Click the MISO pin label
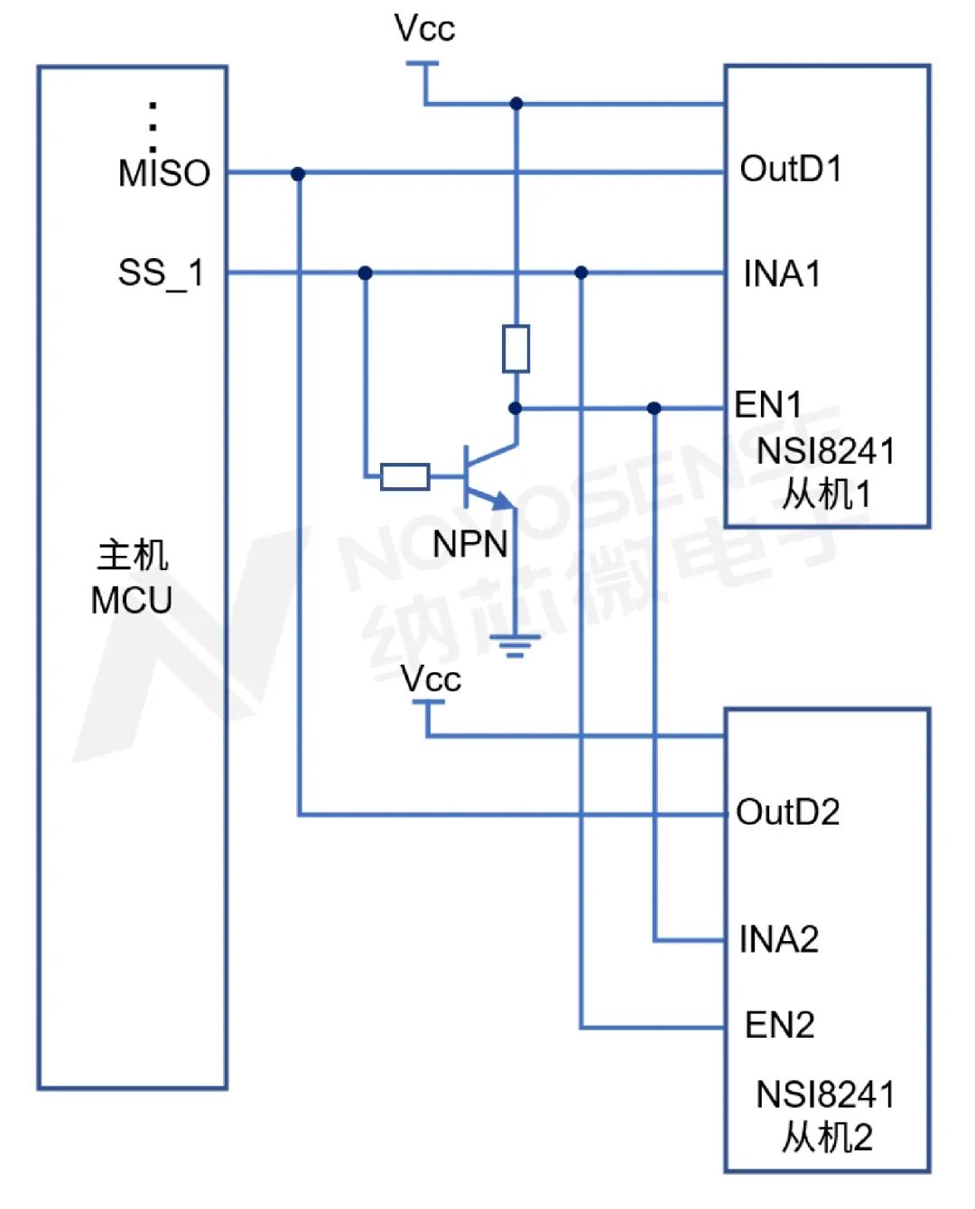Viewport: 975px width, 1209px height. coord(163,172)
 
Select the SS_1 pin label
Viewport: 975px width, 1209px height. coord(161,272)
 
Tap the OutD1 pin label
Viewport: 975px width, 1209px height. coord(791,169)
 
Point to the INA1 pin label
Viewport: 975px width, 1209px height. coord(782,273)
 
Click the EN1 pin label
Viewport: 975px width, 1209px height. coord(768,405)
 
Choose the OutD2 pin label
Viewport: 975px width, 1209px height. coord(787,813)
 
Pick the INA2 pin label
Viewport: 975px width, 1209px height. coord(778,939)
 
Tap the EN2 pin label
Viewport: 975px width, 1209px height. coord(779,1025)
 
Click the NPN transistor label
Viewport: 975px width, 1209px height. coord(469,544)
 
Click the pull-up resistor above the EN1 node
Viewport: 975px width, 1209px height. coord(515,349)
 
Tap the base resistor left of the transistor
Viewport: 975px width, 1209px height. coord(405,476)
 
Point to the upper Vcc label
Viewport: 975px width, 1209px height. coord(424,28)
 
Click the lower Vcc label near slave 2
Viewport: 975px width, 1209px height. coord(431,678)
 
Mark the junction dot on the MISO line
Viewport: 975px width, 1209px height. coord(298,173)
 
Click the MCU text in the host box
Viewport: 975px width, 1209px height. coord(132,600)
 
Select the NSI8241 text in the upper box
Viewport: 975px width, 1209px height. coord(825,451)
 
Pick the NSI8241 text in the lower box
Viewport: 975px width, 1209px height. coord(825,1094)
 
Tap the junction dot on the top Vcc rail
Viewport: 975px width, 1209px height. coord(516,104)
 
